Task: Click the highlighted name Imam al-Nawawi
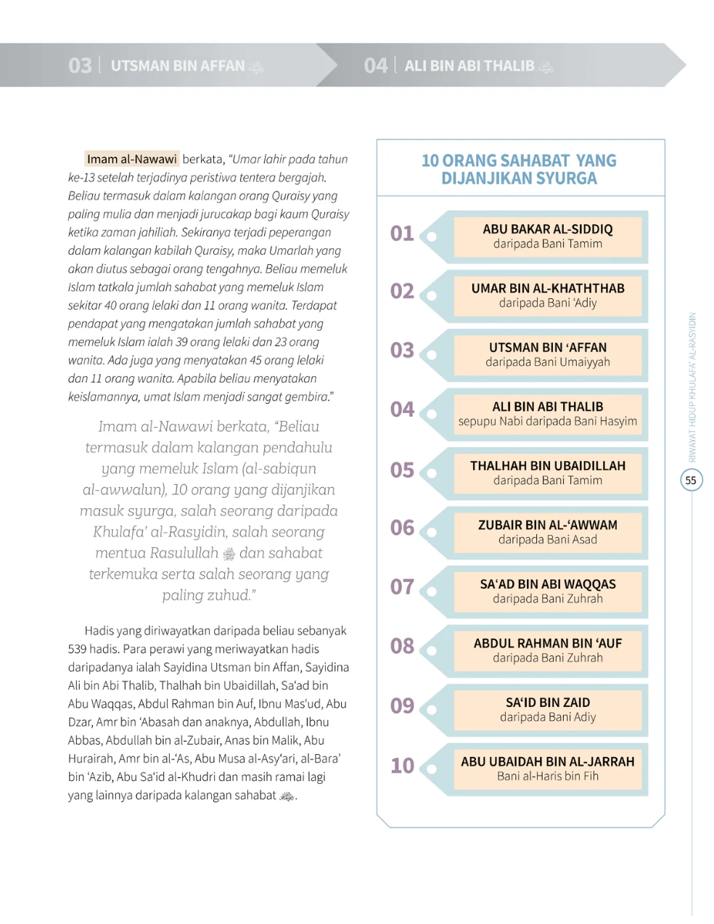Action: pos(131,159)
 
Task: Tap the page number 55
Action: pos(691,480)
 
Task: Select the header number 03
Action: pos(80,66)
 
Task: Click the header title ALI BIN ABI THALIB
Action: pos(469,66)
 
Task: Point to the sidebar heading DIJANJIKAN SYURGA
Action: pos(519,179)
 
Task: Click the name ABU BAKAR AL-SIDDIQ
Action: pos(547,229)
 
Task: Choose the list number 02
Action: pos(402,291)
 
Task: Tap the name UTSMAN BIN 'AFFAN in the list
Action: pos(547,348)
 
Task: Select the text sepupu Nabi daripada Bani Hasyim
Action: pos(547,421)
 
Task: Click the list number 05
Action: pos(402,470)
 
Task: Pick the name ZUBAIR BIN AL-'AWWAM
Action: pos(547,525)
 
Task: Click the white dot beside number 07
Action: pos(432,591)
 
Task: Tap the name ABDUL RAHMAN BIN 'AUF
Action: pos(547,643)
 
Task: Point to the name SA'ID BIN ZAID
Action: pos(547,703)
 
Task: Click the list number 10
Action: pos(402,766)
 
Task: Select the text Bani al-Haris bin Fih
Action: pos(547,776)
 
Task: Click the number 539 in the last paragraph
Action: pos(78,649)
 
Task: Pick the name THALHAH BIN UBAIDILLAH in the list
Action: pos(547,466)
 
